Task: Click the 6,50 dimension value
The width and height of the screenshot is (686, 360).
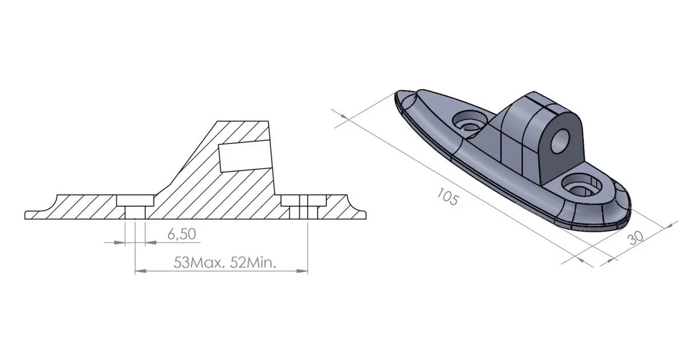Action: (181, 234)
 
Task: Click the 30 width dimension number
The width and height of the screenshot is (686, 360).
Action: (635, 237)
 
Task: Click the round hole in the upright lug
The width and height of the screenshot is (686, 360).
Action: (560, 140)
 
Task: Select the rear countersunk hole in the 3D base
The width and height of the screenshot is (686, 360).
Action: (469, 120)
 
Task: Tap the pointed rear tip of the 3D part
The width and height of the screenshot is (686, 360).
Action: (397, 93)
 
